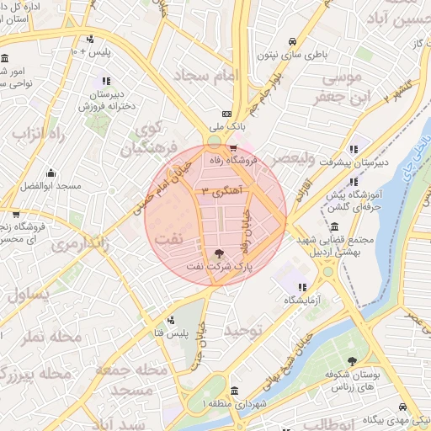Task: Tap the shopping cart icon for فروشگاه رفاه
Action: pyautogui.click(x=233, y=149)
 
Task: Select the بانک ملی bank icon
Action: pyautogui.click(x=226, y=114)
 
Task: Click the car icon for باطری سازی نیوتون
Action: pyautogui.click(x=292, y=42)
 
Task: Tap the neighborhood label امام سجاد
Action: pyautogui.click(x=206, y=76)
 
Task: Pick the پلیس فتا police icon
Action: pyautogui.click(x=172, y=320)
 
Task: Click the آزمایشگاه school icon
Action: pyautogui.click(x=302, y=287)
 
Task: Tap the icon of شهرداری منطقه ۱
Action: pyautogui.click(x=234, y=391)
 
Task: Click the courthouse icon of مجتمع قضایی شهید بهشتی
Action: pyautogui.click(x=335, y=227)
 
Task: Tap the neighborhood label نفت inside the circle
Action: pyautogui.click(x=168, y=238)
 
